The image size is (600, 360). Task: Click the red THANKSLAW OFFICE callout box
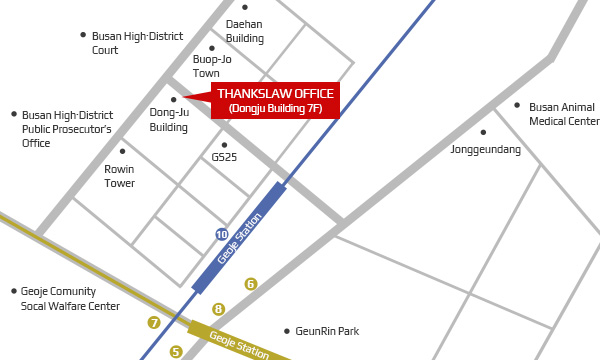[275, 100]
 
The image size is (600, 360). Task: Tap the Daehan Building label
[245, 31]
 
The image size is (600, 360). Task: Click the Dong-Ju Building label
[169, 120]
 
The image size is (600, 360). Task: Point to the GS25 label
[224, 157]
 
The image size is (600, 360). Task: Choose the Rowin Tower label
[119, 176]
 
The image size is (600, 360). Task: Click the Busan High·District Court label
[137, 42]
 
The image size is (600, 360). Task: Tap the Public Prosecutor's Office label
[67, 129]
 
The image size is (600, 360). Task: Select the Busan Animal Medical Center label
[564, 114]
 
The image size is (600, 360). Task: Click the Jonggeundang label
[486, 149]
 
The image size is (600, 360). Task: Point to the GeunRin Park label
[327, 331]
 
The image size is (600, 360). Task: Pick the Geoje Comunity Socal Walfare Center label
[70, 298]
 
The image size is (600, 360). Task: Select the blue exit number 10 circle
[222, 234]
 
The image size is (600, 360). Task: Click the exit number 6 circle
[251, 284]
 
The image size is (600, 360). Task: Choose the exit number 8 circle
[219, 309]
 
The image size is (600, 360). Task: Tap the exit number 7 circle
[154, 322]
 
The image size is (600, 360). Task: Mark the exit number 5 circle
[176, 351]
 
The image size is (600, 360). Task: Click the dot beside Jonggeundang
[483, 132]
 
